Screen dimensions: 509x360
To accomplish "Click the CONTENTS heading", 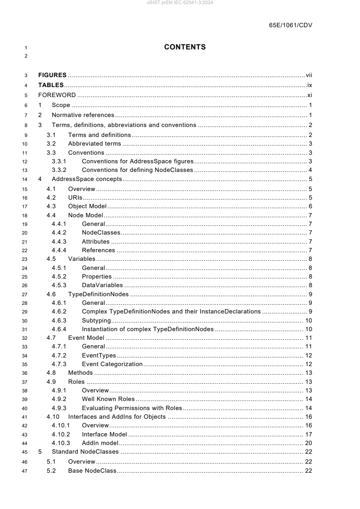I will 185,47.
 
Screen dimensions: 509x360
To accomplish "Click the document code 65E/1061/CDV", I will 291,25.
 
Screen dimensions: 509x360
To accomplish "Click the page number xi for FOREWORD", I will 309,95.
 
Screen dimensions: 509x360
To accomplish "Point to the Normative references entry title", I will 83,115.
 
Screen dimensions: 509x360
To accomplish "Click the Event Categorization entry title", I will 112,364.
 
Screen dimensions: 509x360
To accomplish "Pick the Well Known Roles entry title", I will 108,399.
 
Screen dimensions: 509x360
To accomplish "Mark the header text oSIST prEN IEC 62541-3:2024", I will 180,3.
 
